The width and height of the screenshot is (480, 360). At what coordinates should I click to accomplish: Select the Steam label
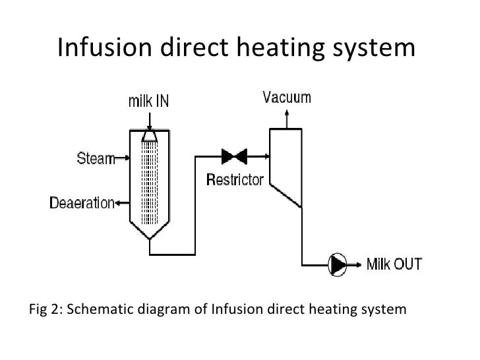pos(94,158)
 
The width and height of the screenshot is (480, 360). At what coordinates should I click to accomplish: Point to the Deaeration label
pos(82,203)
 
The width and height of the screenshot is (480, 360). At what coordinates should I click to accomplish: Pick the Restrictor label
pos(235,179)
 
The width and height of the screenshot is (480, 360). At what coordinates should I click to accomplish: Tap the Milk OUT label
pos(394,264)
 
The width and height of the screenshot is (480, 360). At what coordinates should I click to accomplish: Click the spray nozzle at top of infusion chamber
pos(150,135)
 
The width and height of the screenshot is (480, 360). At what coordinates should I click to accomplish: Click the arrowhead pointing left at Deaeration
pos(119,203)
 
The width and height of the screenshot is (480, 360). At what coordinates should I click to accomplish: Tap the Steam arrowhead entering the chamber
pos(129,158)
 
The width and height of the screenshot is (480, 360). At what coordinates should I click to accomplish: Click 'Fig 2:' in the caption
pos(46,309)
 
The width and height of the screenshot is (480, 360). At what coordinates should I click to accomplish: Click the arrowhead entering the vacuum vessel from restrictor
pos(265,157)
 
